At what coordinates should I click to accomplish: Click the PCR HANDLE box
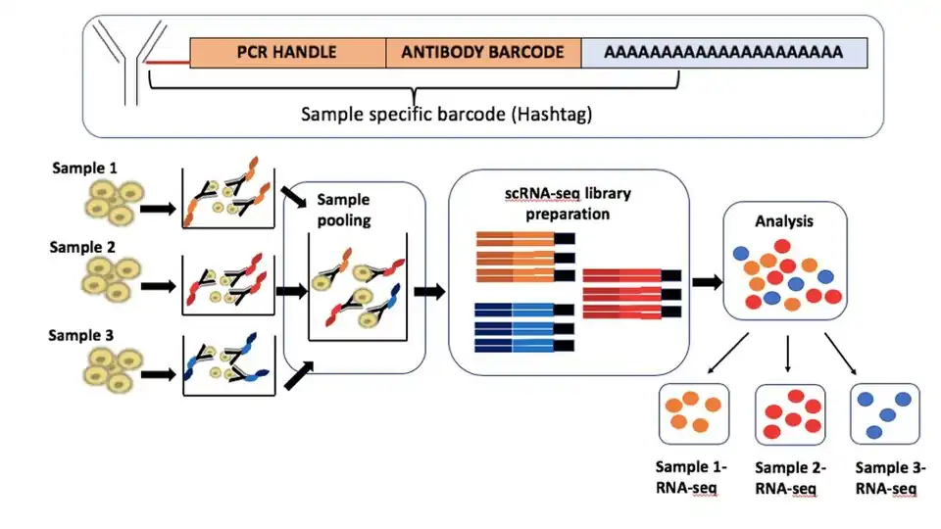pyautogui.click(x=287, y=52)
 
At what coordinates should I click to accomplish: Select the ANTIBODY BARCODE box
pyautogui.click(x=483, y=52)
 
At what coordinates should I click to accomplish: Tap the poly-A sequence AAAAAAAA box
pyautogui.click(x=724, y=52)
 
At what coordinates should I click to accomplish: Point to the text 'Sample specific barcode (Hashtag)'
pyautogui.click(x=446, y=114)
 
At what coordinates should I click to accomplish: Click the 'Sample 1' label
pyautogui.click(x=84, y=168)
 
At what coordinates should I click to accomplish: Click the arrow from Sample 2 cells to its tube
pyautogui.click(x=157, y=291)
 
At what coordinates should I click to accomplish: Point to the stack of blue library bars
pyautogui.click(x=524, y=326)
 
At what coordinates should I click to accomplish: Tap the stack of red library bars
pyautogui.click(x=631, y=292)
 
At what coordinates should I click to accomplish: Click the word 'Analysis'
pyautogui.click(x=783, y=221)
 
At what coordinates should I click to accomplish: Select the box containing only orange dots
pyautogui.click(x=690, y=414)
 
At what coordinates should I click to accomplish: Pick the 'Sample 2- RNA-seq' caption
pyautogui.click(x=790, y=478)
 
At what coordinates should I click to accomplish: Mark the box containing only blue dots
pyautogui.click(x=886, y=414)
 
